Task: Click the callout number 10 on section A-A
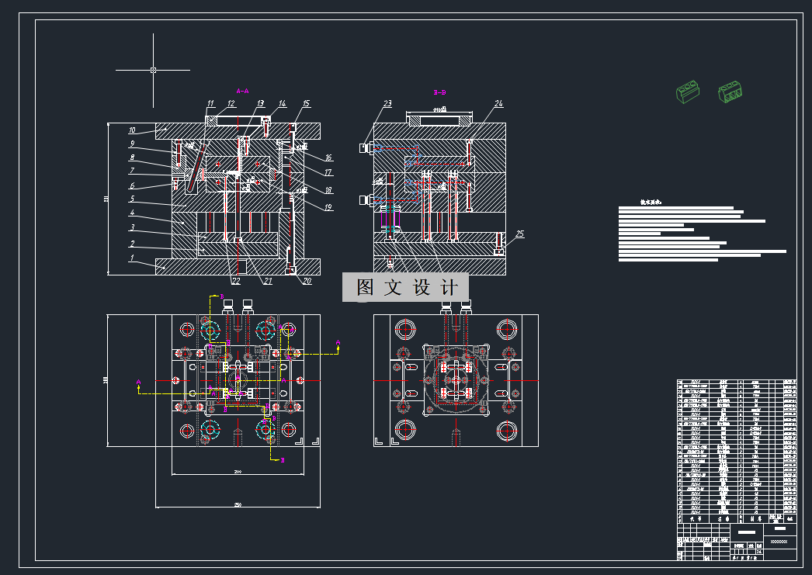(132, 130)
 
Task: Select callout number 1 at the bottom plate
(132, 258)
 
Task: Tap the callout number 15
(307, 103)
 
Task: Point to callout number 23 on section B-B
(387, 103)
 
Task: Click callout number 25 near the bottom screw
(520, 234)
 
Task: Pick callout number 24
(498, 103)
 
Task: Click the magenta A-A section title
(242, 91)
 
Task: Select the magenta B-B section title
(439, 91)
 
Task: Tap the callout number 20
(307, 281)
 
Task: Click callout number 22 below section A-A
(235, 281)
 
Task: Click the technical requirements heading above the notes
(651, 202)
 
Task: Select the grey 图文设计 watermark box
(405, 287)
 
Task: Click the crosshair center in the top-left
(153, 70)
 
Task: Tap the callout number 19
(328, 207)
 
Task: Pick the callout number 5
(132, 199)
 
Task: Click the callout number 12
(231, 103)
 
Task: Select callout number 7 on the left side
(132, 171)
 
